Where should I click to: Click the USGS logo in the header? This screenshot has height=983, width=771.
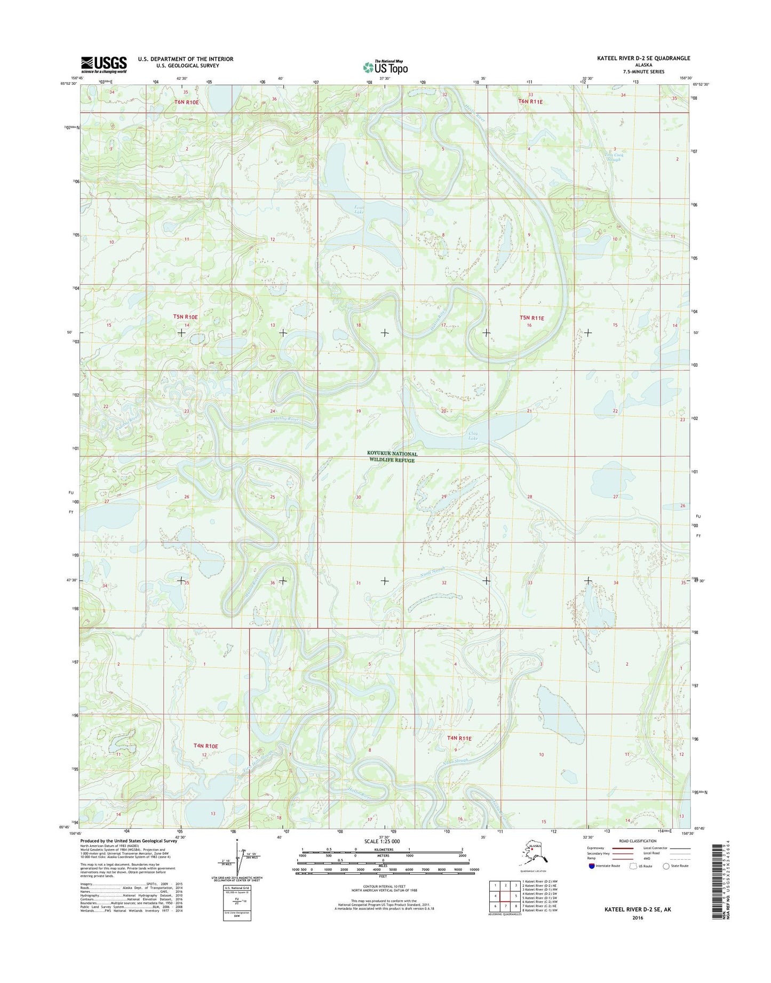104,65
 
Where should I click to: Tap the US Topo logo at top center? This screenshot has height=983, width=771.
385,67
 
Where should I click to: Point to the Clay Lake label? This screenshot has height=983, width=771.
473,435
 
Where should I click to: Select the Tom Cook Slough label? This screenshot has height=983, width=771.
614,157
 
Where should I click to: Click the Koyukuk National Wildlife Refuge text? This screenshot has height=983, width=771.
393,457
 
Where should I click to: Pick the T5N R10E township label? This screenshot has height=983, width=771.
185,317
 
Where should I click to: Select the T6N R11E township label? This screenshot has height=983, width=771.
531,101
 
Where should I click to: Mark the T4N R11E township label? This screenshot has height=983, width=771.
459,739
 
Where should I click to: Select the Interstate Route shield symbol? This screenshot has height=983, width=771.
591,866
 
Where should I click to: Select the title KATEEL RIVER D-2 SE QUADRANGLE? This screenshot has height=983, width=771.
639,58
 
